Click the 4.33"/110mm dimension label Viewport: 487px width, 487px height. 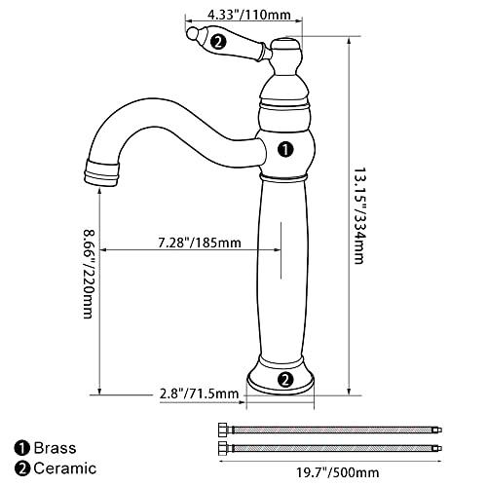coord(243,16)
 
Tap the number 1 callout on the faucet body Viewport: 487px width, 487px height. coord(285,149)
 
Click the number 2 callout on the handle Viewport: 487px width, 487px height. coord(220,41)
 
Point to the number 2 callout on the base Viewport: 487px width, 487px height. coord(285,380)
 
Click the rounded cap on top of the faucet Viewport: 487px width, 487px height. coord(285,45)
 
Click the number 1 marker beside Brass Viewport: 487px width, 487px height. coord(20,449)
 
